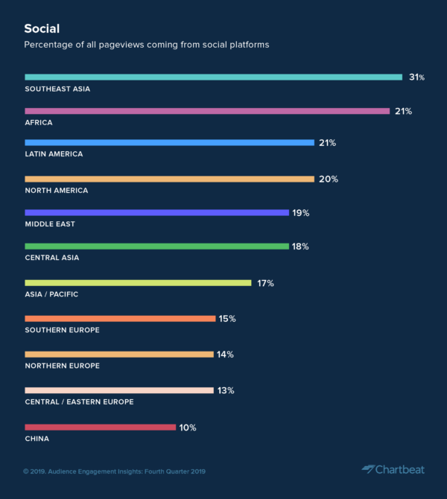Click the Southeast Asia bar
(x=214, y=77)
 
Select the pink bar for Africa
(x=207, y=111)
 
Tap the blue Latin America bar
(x=169, y=142)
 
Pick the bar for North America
(x=169, y=179)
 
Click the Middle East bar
(x=156, y=212)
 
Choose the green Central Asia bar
(x=156, y=246)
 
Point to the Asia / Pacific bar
(x=138, y=283)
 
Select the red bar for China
(x=100, y=427)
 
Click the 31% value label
(x=416, y=77)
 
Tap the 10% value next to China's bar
(x=188, y=427)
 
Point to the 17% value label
(x=266, y=283)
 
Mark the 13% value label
(x=226, y=390)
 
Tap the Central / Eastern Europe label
(x=79, y=401)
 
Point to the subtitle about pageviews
(x=146, y=45)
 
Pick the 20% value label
(x=329, y=179)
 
